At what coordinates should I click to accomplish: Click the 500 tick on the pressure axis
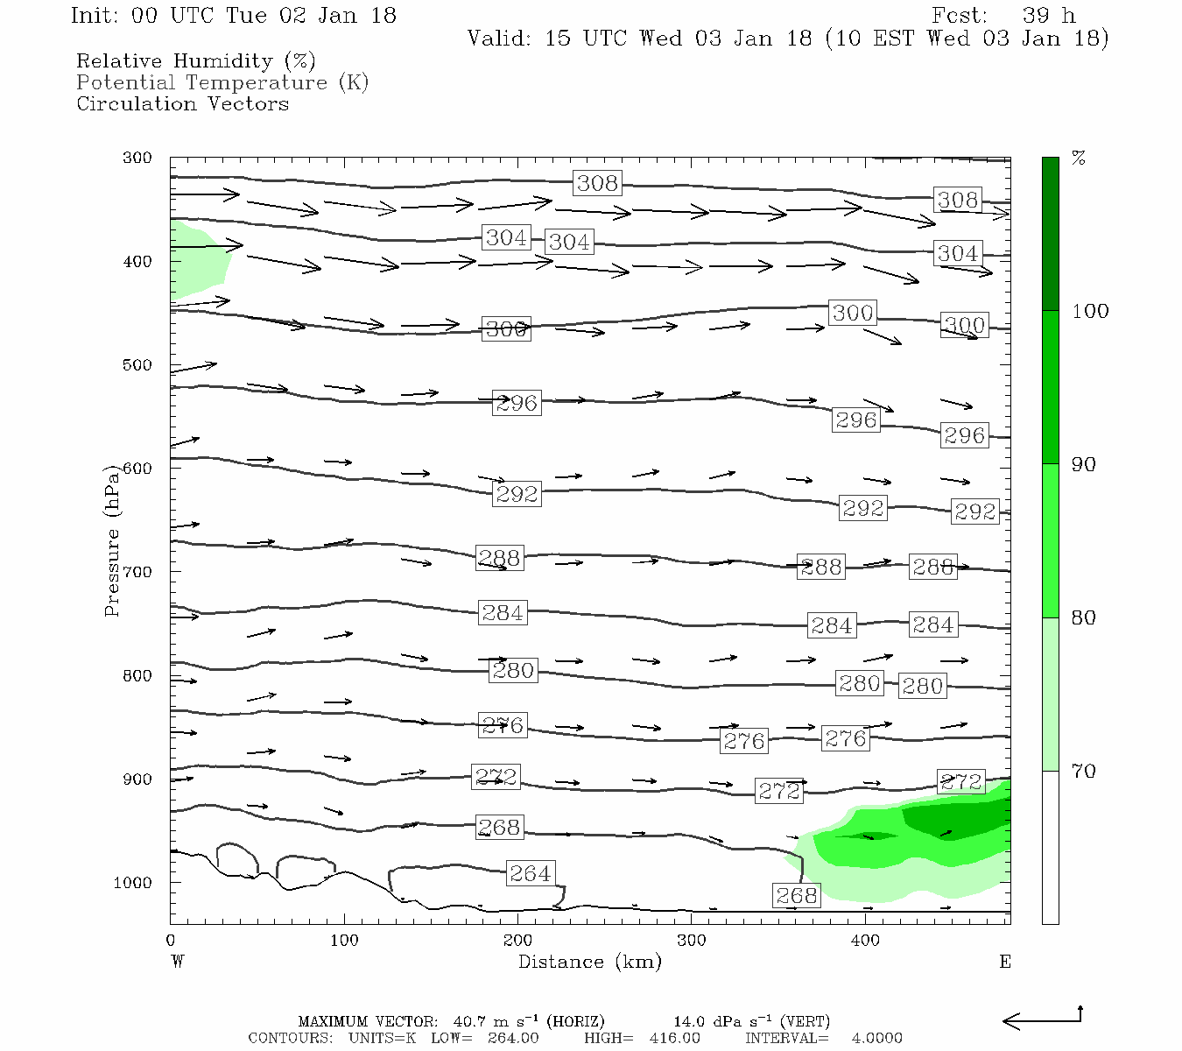click(137, 365)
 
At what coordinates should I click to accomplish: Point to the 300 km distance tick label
click(692, 941)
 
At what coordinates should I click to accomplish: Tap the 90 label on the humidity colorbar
click(1083, 465)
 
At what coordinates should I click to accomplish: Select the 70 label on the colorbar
click(1083, 772)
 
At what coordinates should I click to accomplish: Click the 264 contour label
click(530, 873)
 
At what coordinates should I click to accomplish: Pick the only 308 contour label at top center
click(597, 183)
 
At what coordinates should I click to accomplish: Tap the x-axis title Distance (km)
click(589, 962)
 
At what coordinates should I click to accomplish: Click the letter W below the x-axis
click(178, 962)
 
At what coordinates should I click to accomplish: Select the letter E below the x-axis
click(1005, 962)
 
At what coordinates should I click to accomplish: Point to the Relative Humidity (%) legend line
click(195, 61)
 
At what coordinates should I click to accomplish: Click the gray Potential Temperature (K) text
click(222, 82)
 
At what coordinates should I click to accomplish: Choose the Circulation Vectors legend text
click(182, 103)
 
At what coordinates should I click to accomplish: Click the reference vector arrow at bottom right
click(1042, 1019)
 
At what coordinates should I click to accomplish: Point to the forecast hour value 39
click(1036, 16)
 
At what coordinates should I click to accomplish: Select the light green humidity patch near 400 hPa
click(197, 261)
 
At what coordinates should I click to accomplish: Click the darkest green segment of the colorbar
click(1050, 233)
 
